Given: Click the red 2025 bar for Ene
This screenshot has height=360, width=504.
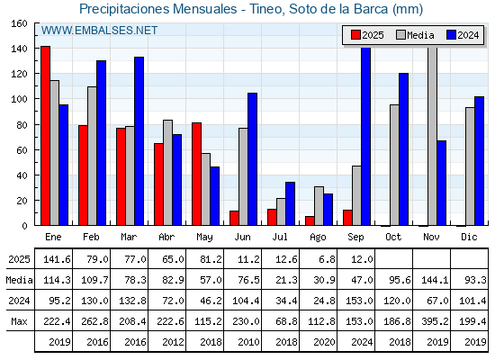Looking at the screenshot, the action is [x=45, y=136].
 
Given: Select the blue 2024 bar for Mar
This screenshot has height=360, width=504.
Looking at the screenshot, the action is [x=139, y=141].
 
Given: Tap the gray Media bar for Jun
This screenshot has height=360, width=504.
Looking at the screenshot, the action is [x=243, y=176].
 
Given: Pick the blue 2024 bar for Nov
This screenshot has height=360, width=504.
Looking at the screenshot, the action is [x=442, y=183].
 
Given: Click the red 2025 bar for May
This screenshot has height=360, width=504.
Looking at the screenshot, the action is [x=197, y=174].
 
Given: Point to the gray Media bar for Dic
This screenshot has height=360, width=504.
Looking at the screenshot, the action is [x=470, y=166].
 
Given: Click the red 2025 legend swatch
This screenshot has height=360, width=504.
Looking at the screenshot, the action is [x=355, y=35].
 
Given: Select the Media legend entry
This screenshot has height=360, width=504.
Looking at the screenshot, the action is [x=415, y=35].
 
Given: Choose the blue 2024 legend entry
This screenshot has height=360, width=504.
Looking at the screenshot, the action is [x=463, y=35].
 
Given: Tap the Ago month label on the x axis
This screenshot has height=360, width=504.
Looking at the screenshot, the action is [x=319, y=238].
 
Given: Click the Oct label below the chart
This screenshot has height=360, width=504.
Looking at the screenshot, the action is [x=394, y=238].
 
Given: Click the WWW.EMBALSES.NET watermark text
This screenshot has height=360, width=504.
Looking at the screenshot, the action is [x=99, y=31].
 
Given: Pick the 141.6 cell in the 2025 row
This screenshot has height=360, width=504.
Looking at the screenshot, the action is [x=58, y=259].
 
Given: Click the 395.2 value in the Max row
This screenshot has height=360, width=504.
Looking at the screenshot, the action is [x=435, y=321].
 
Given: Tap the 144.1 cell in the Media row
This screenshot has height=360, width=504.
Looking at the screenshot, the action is [x=435, y=280].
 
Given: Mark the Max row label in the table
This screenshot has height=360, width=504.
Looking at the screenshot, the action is [x=19, y=321].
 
